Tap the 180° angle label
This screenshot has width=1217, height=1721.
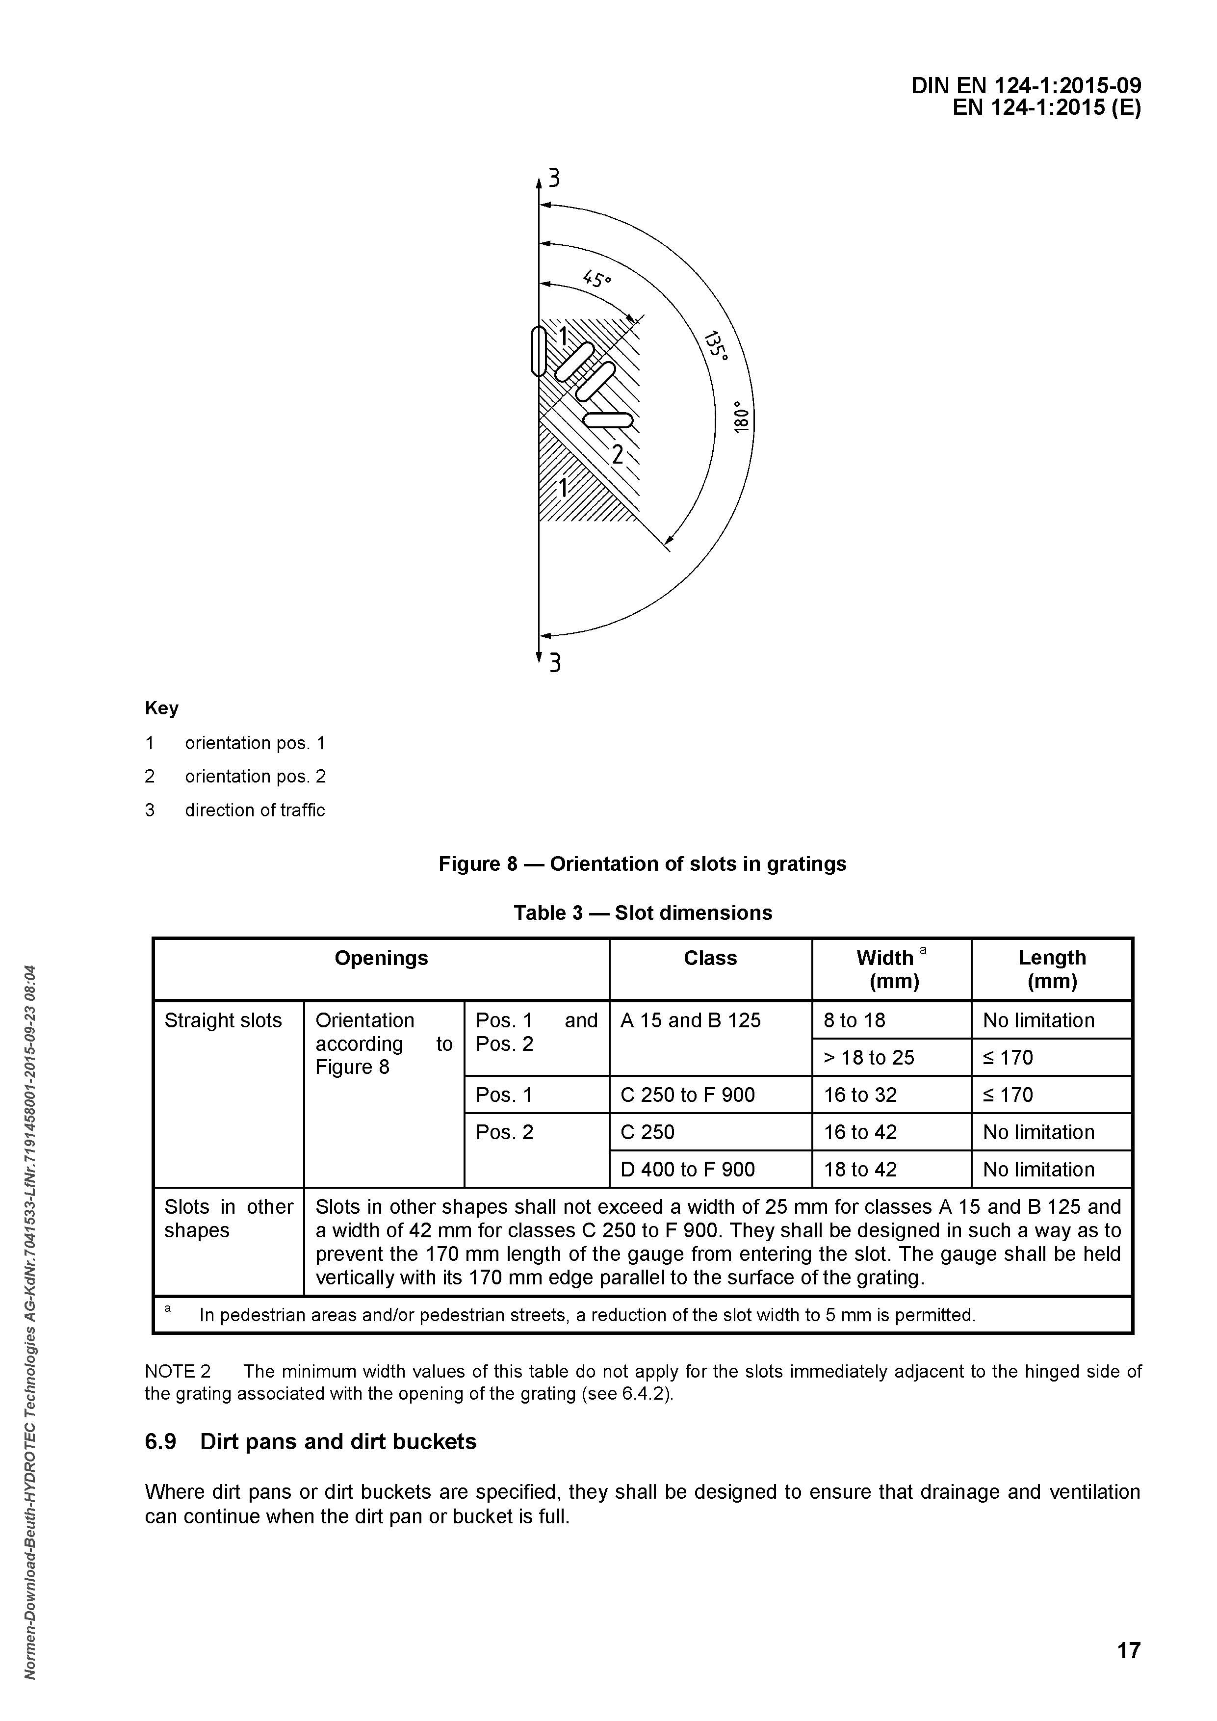point(740,416)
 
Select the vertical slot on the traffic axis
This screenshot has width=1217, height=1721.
point(538,351)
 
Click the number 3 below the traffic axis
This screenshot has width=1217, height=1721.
point(555,663)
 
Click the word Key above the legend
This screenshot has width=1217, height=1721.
point(161,708)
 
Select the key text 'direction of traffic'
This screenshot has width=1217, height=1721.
point(255,810)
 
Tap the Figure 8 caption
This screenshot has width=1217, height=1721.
point(642,864)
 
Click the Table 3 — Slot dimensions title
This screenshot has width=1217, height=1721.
point(642,913)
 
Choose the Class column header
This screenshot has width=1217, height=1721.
point(710,958)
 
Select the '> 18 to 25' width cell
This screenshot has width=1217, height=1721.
point(869,1058)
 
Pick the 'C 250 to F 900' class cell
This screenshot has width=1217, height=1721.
point(687,1095)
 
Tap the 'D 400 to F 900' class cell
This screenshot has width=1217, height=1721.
point(687,1169)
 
